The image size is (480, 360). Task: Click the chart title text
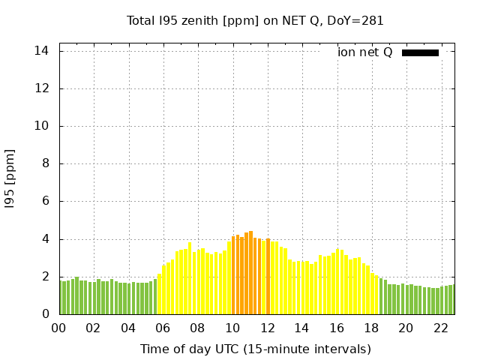255,21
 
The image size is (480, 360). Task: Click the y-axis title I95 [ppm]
10,178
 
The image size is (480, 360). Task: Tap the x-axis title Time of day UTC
255,349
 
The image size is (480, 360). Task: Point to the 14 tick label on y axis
42,51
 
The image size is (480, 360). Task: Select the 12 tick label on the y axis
42,88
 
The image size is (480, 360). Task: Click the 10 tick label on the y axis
42,126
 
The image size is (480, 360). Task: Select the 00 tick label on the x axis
59,328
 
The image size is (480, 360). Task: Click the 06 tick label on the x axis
163,328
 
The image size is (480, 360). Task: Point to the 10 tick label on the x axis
232,328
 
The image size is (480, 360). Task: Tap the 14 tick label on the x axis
302,328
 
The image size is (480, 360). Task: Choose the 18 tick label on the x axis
371,328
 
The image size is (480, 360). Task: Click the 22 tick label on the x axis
441,328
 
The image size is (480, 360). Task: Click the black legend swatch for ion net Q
420,52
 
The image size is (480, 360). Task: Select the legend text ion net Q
365,52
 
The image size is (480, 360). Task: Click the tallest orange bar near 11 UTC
250,274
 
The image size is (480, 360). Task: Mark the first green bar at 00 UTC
62,298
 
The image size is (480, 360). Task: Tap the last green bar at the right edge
451,300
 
